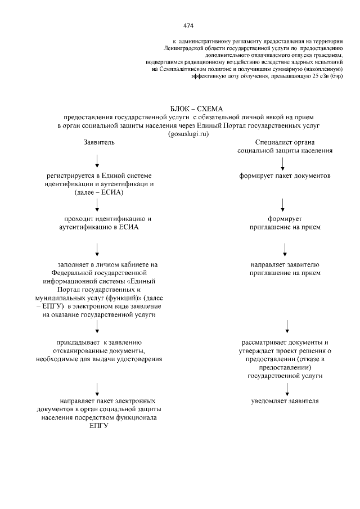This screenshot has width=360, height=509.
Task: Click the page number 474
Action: pyautogui.click(x=188, y=25)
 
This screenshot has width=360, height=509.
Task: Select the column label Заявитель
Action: pyautogui.click(x=99, y=143)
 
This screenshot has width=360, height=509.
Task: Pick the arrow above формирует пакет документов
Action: pyautogui.click(x=282, y=164)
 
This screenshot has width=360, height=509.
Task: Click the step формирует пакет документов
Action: pyautogui.click(x=284, y=176)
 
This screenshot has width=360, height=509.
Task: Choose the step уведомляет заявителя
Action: pyautogui.click(x=285, y=402)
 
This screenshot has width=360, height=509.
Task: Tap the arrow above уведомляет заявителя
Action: pyautogui.click(x=287, y=389)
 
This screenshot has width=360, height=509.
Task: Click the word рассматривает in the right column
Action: pyautogui.click(x=262, y=342)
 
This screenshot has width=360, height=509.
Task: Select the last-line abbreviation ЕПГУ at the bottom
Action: pyautogui.click(x=98, y=426)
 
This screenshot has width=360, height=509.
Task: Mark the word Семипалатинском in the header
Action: pyautogui.click(x=179, y=69)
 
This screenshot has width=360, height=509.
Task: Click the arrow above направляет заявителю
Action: pyautogui.click(x=285, y=249)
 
